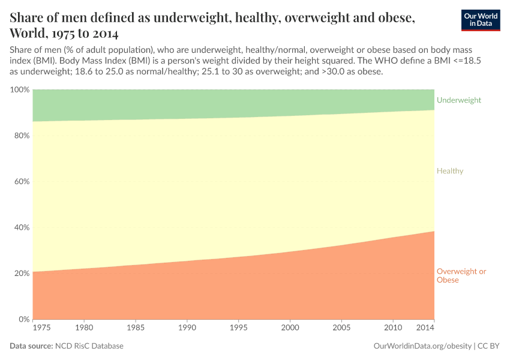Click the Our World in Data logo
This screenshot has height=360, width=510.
[x=480, y=20]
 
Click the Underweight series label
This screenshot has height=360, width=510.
[x=459, y=100]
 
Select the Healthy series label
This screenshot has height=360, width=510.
[x=450, y=171]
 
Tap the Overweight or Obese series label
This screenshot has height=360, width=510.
[x=461, y=276]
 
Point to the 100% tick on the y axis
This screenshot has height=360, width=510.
[x=20, y=90]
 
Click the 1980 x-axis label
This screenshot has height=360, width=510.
[x=84, y=328]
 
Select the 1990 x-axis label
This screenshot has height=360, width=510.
[x=187, y=328]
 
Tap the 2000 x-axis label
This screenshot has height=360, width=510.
[x=290, y=328]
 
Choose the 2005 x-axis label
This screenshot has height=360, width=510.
[x=342, y=328]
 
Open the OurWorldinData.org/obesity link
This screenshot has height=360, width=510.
[x=422, y=346]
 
